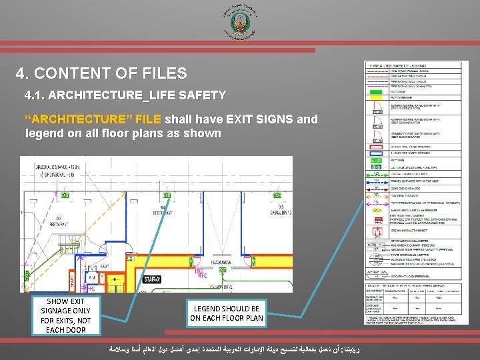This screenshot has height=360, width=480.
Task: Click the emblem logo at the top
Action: point(239,23)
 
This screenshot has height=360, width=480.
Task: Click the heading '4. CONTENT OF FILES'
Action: point(101,74)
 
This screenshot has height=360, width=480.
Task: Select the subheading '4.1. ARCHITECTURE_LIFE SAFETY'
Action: point(125,95)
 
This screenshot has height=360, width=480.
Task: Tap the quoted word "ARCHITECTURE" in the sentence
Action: point(93,120)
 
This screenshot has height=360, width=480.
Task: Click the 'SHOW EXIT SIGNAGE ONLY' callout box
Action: point(65,316)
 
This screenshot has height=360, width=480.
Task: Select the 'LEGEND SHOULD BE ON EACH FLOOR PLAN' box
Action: point(226,313)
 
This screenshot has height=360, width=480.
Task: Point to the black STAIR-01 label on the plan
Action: point(152,279)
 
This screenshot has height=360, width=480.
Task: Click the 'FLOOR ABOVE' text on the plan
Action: point(221,263)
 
